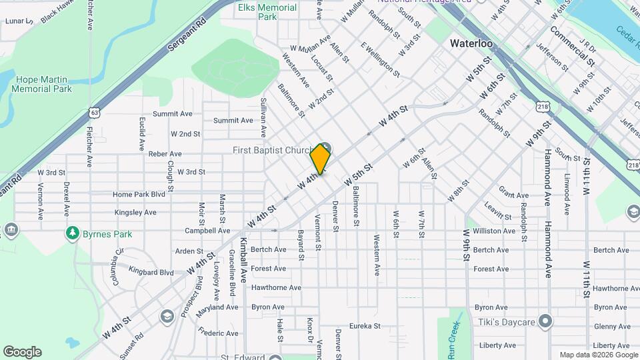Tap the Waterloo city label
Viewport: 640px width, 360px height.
click(471, 43)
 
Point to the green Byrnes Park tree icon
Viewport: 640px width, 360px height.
click(71, 233)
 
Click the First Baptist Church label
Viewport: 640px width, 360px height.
click(272, 151)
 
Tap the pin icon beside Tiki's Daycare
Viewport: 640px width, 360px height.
click(545, 322)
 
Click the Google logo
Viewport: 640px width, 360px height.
click(22, 352)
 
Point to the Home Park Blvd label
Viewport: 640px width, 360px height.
click(139, 194)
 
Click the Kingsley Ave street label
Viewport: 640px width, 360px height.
click(135, 213)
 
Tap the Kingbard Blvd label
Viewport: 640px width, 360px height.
click(151, 272)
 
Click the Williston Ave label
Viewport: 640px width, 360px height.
click(495, 231)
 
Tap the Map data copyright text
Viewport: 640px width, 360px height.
click(598, 355)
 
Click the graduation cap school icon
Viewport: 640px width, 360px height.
click(167, 315)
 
